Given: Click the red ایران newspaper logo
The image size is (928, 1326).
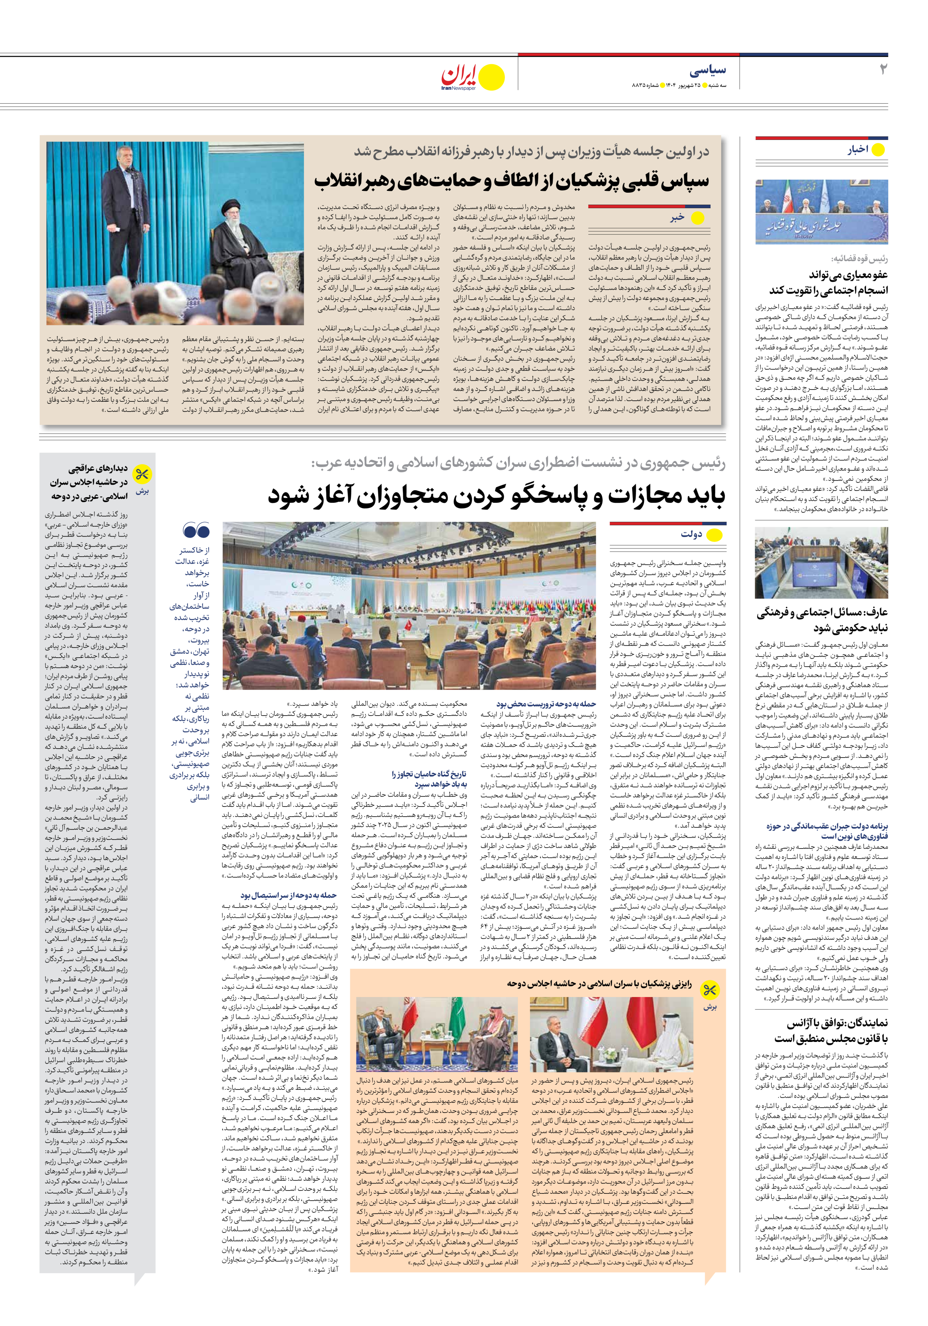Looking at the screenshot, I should coord(460,76).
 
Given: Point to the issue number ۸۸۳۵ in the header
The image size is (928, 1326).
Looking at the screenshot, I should coord(642,85).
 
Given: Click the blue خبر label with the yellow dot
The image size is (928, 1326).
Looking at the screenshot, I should coord(677,218).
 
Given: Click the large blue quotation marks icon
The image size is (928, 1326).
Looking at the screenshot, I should coord(196,530).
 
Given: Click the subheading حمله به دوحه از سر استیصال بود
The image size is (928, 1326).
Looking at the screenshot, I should coord(289,895).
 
